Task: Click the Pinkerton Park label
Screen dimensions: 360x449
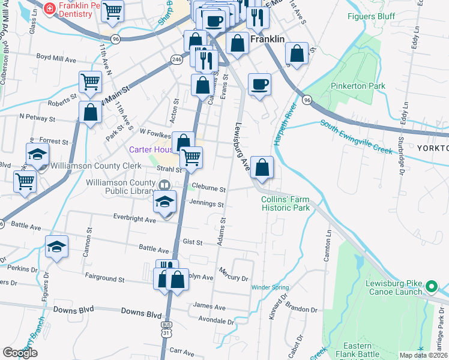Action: click(358, 86)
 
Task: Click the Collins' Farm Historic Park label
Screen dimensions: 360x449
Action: click(285, 204)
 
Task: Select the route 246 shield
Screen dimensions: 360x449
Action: click(176, 59)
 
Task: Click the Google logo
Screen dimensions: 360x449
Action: click(20, 353)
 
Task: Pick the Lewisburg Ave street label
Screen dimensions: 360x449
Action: click(242, 147)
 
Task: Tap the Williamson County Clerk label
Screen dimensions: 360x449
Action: click(96, 165)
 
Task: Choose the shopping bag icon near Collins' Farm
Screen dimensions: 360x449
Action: click(262, 167)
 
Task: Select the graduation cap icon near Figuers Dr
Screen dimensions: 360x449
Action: click(57, 247)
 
